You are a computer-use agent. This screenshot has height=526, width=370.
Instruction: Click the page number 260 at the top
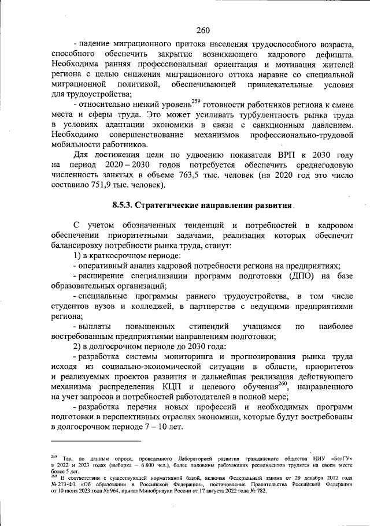202,31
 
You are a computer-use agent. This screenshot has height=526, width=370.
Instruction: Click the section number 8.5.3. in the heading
123,205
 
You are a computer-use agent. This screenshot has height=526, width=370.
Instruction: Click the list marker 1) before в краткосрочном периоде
79,255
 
